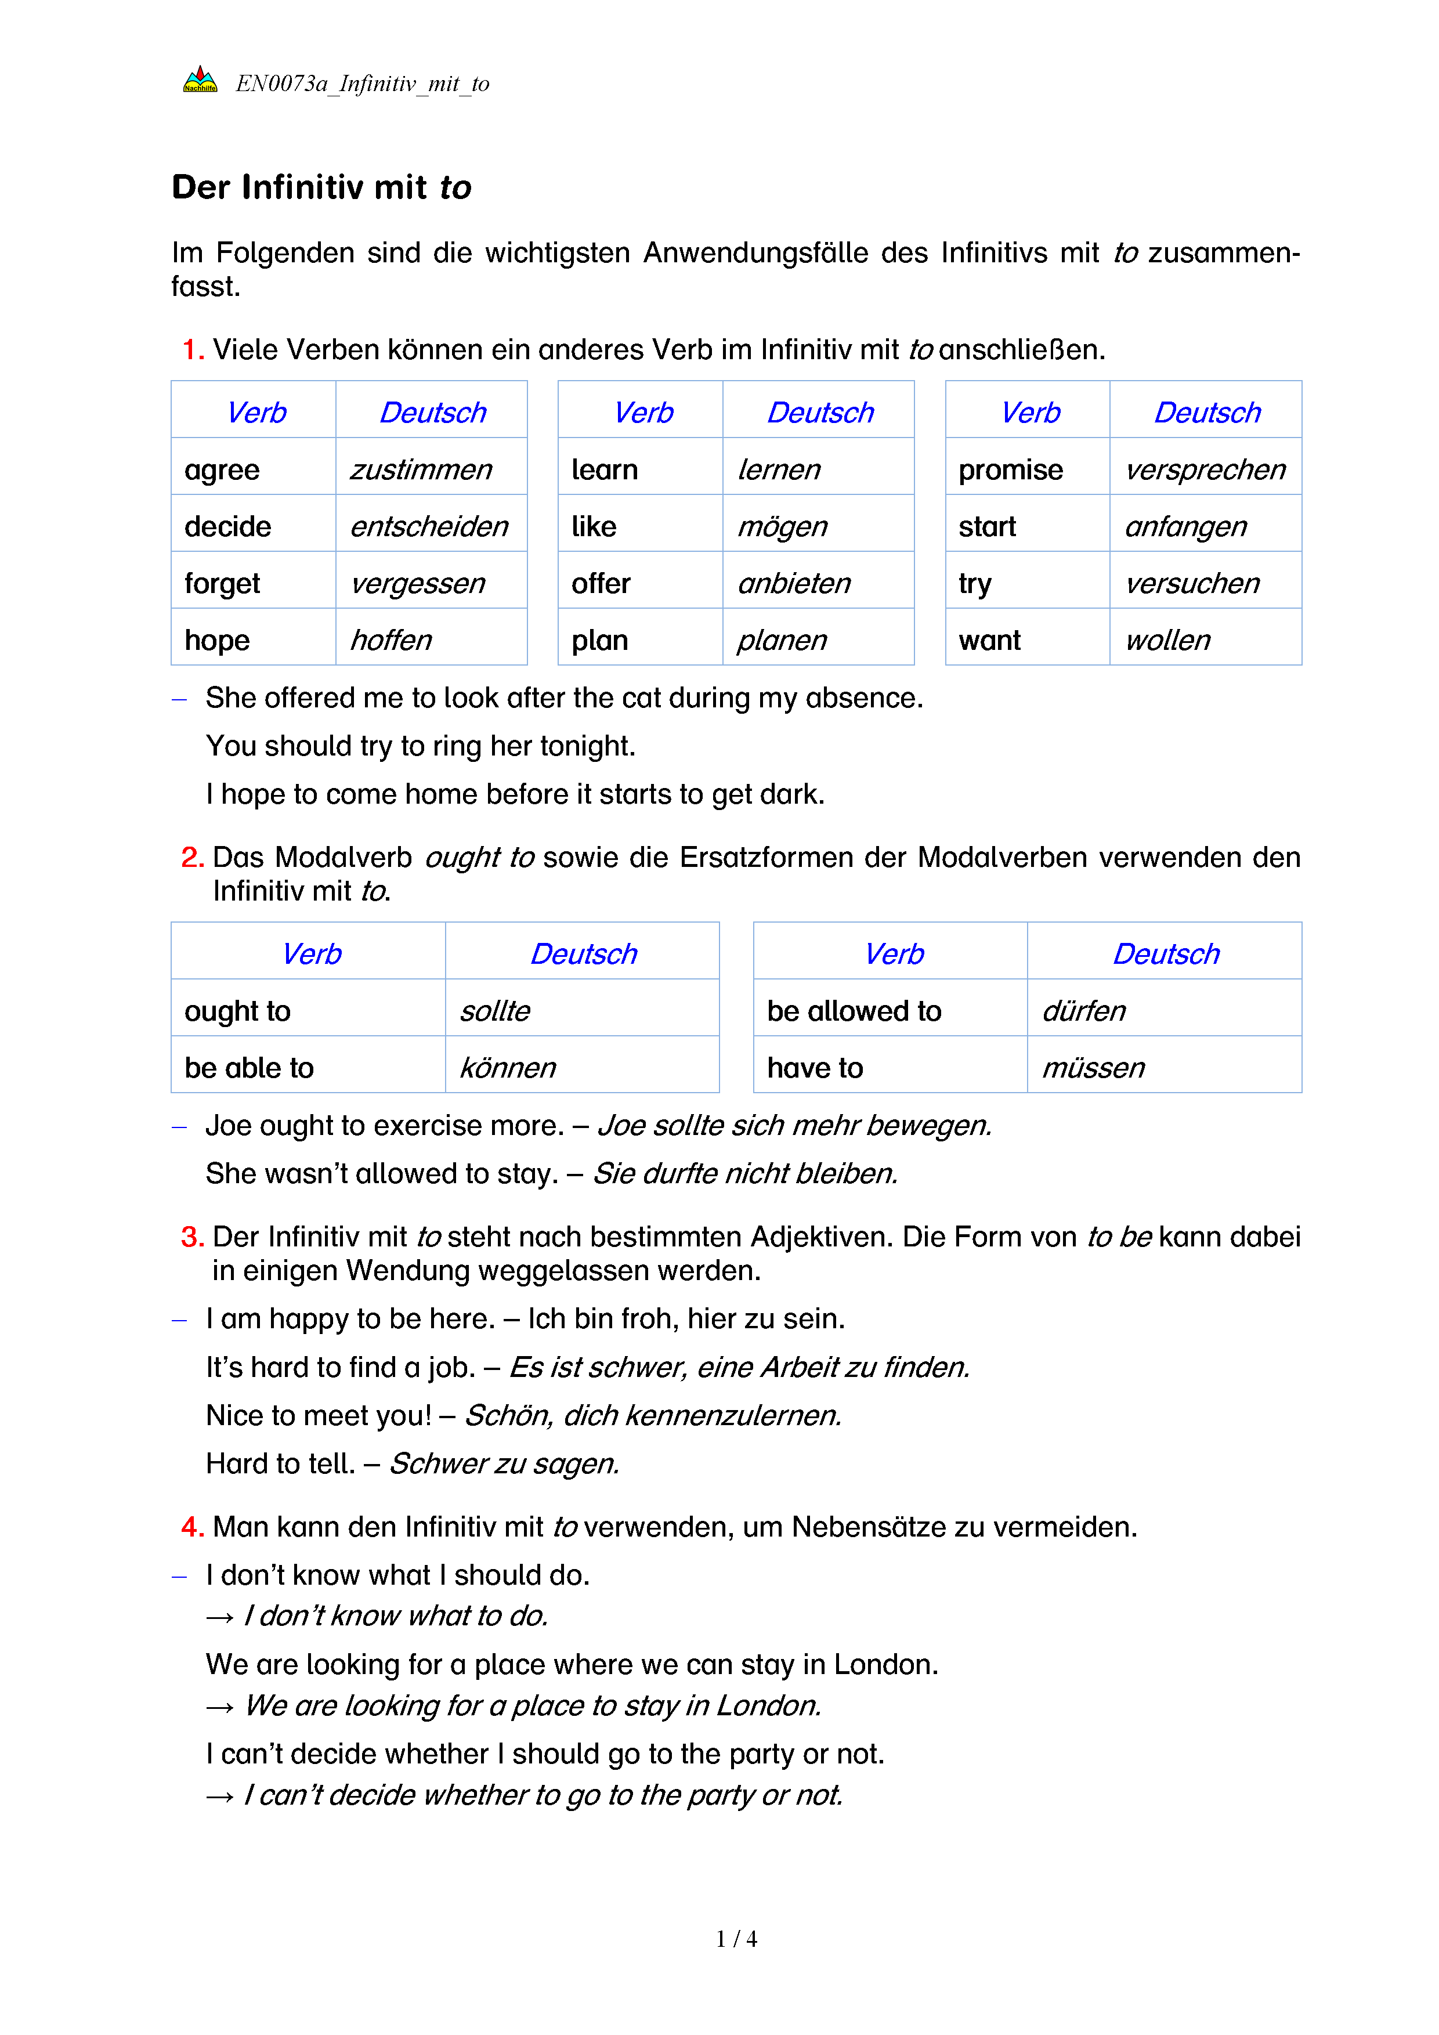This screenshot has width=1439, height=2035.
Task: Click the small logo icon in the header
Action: pos(200,81)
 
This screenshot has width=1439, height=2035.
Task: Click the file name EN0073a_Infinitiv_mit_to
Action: pos(363,84)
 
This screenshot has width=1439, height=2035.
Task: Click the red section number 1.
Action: pos(192,350)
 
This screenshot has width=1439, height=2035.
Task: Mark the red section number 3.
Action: pos(192,1237)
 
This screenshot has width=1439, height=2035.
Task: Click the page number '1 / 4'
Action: pos(736,1939)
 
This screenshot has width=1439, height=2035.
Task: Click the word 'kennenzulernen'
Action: pos(733,1415)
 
